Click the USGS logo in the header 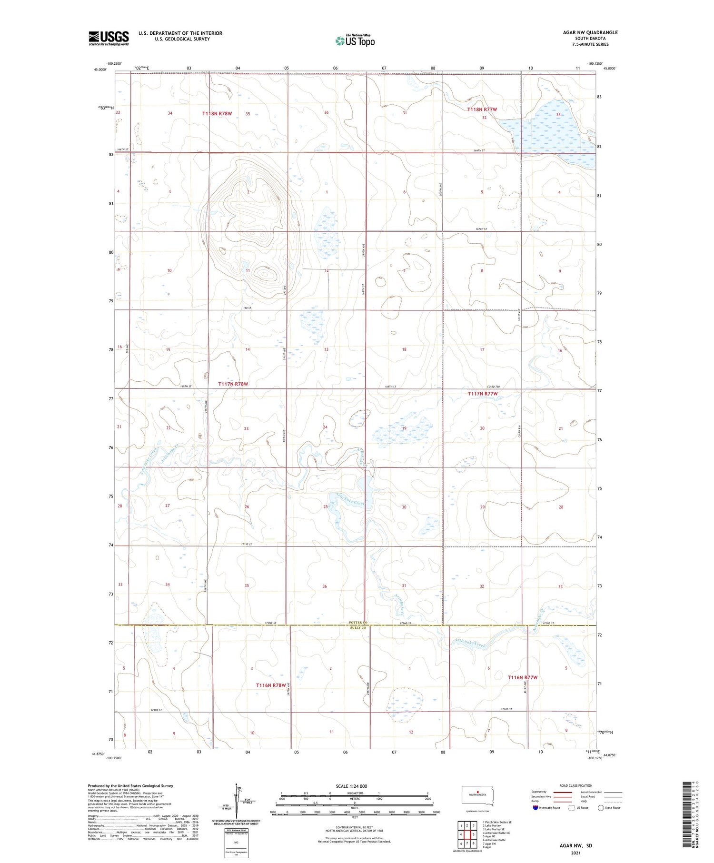pos(109,38)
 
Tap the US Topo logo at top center pos(355,41)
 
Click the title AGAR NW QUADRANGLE pos(590,32)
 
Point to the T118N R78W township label pos(217,114)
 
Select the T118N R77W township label pos(482,109)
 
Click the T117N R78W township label pos(233,384)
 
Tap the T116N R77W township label pos(522,677)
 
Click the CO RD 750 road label pos(493,387)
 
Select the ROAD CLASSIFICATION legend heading pos(576,785)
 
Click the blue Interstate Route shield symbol pos(535,808)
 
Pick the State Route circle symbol pos(601,808)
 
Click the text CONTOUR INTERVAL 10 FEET pos(354,828)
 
